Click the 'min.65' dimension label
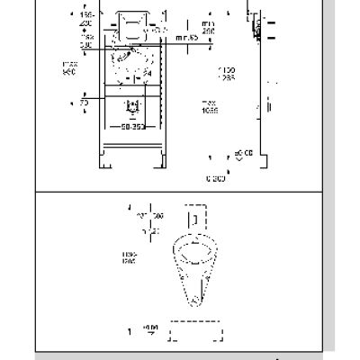pos(186,39)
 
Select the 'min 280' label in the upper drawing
pos(209,26)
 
